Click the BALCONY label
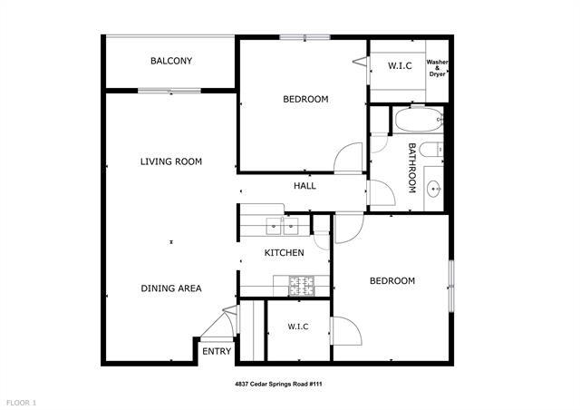click(171, 61)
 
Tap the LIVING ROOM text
click(170, 161)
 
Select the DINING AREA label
click(170, 288)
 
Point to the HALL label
click(304, 186)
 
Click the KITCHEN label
click(284, 252)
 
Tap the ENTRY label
click(217, 352)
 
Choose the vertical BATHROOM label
click(411, 168)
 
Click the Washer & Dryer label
click(437, 68)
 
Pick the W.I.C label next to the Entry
click(299, 327)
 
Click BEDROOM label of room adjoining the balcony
click(305, 99)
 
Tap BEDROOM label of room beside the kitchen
click(391, 281)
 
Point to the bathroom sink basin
click(433, 190)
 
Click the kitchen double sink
click(283, 226)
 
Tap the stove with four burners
click(301, 285)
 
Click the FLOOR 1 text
click(21, 402)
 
